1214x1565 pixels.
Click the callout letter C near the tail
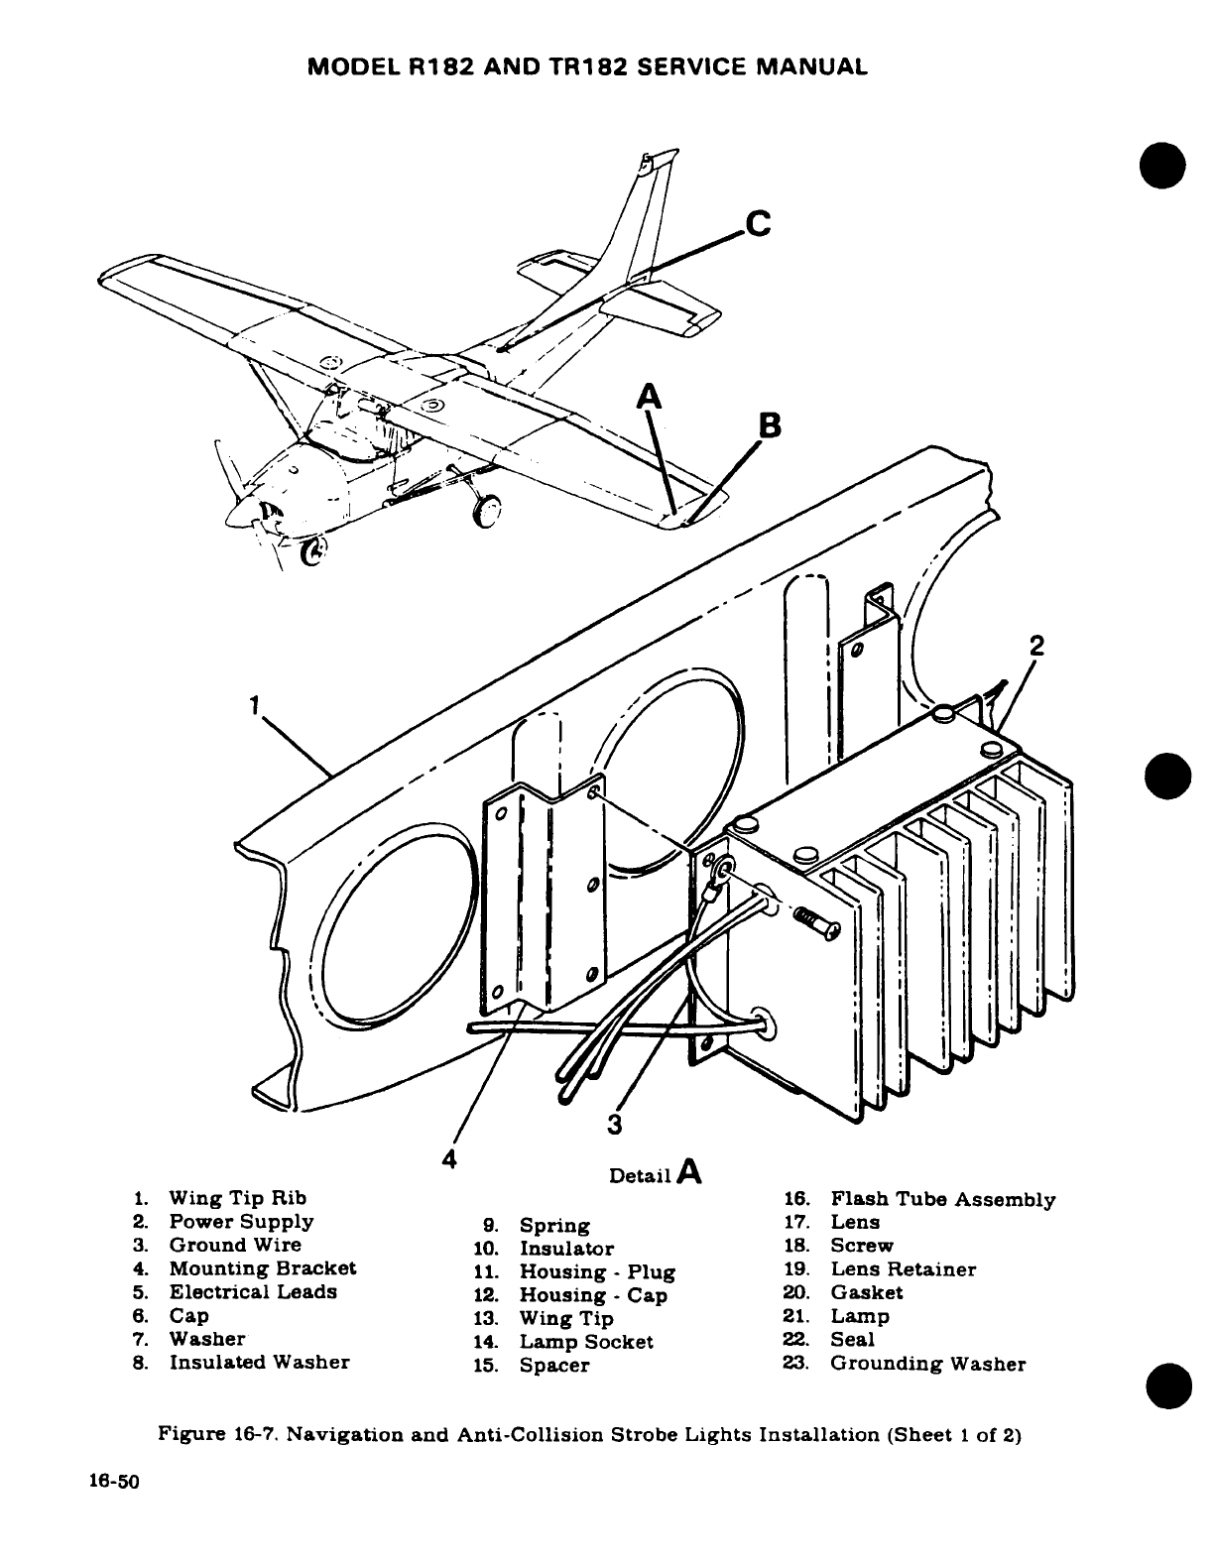[758, 224]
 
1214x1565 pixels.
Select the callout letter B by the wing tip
[769, 426]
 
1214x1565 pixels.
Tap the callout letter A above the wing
[650, 396]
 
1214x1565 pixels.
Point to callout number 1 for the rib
[254, 705]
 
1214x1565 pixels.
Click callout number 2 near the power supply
[1036, 646]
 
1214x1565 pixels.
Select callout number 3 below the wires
[615, 1124]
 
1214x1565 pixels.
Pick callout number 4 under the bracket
[449, 1159]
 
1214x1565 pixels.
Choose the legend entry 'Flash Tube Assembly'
[942, 1200]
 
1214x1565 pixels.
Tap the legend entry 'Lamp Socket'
[586, 1342]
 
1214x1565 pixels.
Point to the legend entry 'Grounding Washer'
[927, 1364]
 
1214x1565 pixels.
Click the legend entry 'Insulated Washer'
[259, 1362]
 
